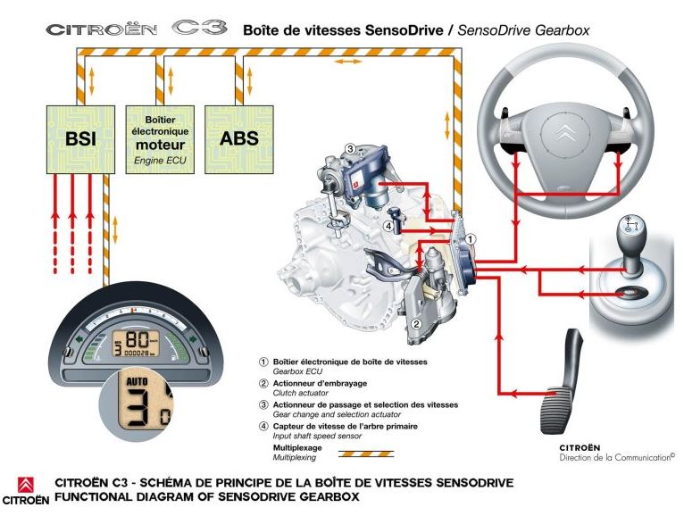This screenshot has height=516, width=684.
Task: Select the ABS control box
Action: [238, 139]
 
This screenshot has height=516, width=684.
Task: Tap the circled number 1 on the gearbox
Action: [471, 239]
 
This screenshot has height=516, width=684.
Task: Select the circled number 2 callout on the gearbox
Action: [416, 323]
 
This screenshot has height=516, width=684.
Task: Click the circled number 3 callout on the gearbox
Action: [351, 149]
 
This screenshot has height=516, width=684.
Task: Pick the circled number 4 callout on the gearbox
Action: [388, 227]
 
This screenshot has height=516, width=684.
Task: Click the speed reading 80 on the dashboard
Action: [137, 340]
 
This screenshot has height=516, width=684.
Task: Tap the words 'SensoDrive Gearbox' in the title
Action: [525, 29]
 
